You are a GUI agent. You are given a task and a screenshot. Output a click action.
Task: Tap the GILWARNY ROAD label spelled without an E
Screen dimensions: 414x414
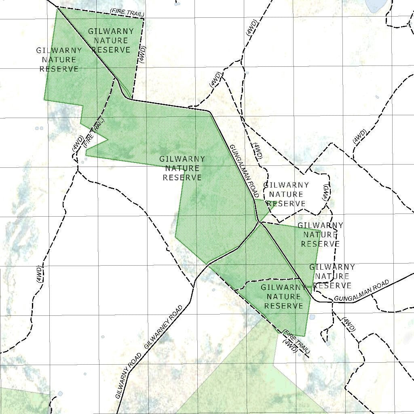[129, 376]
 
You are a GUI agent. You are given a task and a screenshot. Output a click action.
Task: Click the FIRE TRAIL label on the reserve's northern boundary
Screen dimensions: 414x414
[127, 13]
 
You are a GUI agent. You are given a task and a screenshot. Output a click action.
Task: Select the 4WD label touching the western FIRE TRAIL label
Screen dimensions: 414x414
[78, 144]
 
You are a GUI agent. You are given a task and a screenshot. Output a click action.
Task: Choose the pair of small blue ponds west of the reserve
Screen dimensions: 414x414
[39, 129]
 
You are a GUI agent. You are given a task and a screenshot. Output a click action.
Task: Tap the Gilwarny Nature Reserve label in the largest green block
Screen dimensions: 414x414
[182, 168]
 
